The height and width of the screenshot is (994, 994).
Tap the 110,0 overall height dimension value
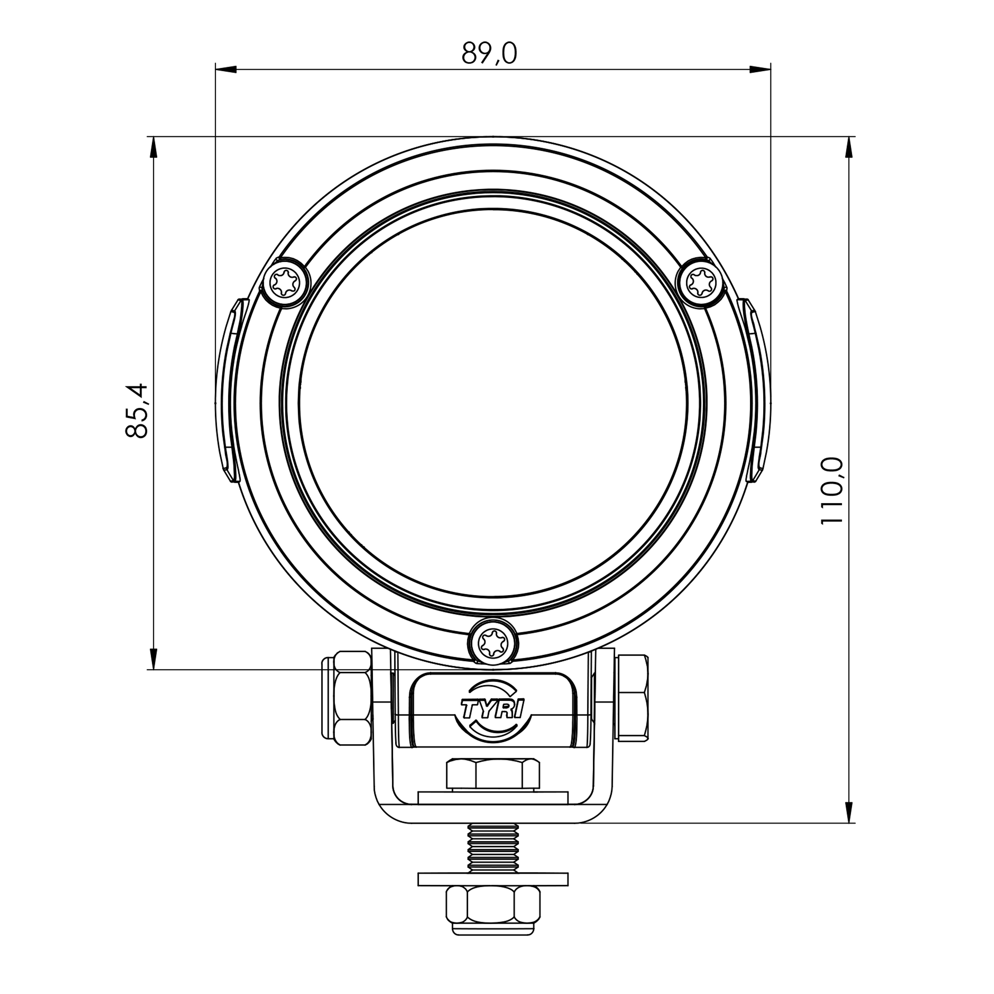[x=832, y=491]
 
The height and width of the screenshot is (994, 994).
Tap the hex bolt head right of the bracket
[x=632, y=698]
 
